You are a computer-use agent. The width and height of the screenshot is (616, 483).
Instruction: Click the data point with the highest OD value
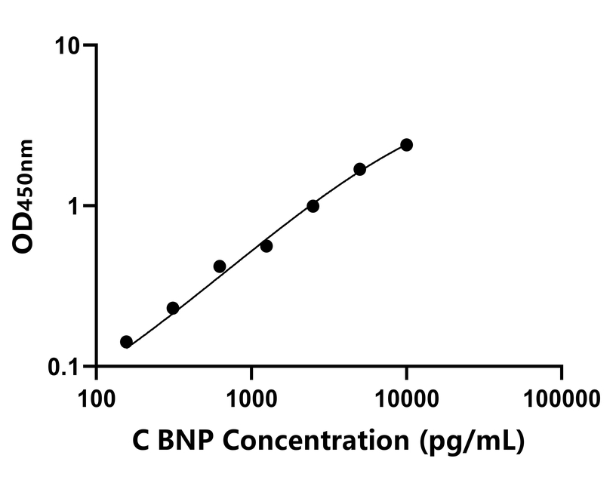pyautogui.click(x=406, y=145)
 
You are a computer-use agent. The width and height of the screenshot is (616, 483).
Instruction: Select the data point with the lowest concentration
pyautogui.click(x=126, y=342)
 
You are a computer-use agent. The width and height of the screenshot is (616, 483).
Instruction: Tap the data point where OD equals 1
pyautogui.click(x=313, y=206)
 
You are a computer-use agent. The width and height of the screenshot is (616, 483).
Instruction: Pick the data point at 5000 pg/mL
pyautogui.click(x=360, y=169)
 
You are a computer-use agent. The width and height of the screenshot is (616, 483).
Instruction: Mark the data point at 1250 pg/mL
pyautogui.click(x=266, y=246)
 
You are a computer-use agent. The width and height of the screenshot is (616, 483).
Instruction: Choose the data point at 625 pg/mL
pyautogui.click(x=220, y=266)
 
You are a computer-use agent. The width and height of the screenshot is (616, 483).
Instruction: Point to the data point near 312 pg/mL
pyautogui.click(x=173, y=308)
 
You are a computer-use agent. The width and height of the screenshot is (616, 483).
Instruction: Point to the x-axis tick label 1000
pyautogui.click(x=251, y=397)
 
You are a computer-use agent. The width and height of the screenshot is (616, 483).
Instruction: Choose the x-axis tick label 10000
pyautogui.click(x=406, y=397)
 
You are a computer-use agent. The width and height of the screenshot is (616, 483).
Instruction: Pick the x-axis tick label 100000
pyautogui.click(x=561, y=397)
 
